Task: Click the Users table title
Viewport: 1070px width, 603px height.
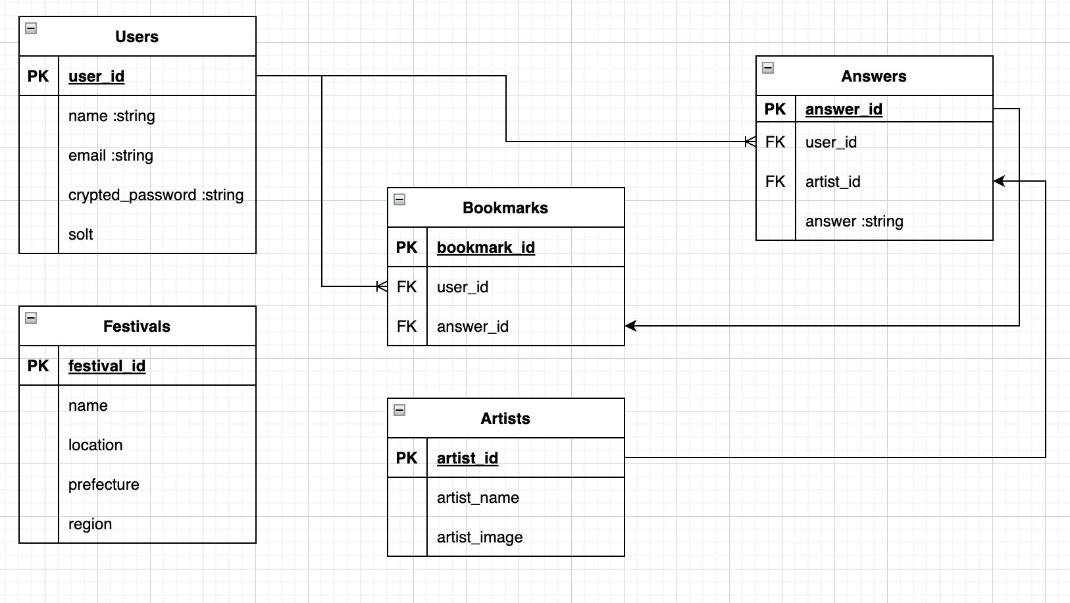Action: pyautogui.click(x=137, y=37)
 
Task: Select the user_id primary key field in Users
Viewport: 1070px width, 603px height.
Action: pyautogui.click(x=96, y=76)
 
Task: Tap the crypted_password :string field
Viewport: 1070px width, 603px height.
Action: pyautogui.click(x=156, y=195)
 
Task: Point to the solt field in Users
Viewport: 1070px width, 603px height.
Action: pyautogui.click(x=81, y=234)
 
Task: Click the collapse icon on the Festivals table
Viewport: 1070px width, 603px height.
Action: pyautogui.click(x=31, y=318)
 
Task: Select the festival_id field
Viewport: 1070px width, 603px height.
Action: pyautogui.click(x=107, y=366)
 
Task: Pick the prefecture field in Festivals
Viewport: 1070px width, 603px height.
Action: pyautogui.click(x=104, y=485)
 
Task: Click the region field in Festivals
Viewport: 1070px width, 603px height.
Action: pyautogui.click(x=90, y=524)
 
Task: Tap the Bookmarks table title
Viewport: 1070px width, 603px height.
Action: pyautogui.click(x=505, y=208)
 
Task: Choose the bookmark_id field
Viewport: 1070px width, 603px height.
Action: pyautogui.click(x=486, y=248)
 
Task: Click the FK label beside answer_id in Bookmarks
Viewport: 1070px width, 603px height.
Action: pyautogui.click(x=407, y=327)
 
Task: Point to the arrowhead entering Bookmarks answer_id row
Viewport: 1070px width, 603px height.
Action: pyautogui.click(x=630, y=326)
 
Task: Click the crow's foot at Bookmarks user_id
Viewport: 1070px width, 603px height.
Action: pyautogui.click(x=381, y=286)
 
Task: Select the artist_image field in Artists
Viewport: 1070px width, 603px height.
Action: pyautogui.click(x=480, y=537)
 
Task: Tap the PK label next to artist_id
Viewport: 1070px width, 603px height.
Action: pyautogui.click(x=407, y=458)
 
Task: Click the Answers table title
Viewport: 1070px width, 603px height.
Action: pyautogui.click(x=874, y=76)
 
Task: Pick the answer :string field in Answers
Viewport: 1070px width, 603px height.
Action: pyautogui.click(x=854, y=221)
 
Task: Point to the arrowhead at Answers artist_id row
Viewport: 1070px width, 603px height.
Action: pyautogui.click(x=999, y=181)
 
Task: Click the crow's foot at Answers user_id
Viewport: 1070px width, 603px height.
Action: pyautogui.click(x=750, y=142)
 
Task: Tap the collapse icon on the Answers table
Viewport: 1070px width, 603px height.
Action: pyautogui.click(x=768, y=68)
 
